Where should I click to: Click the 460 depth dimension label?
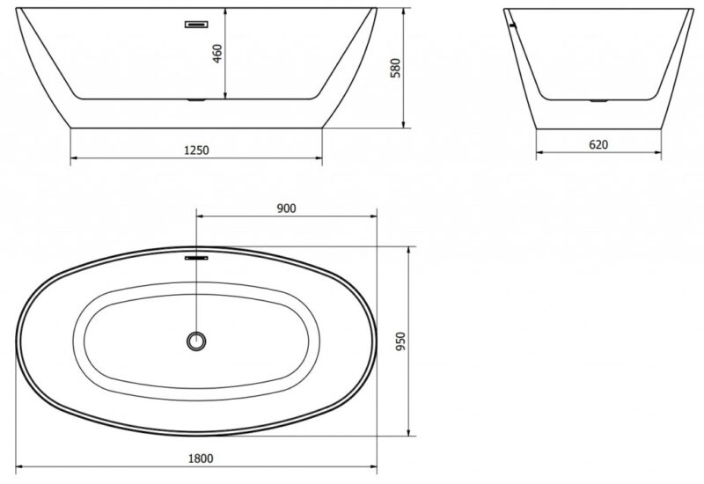pos(217,54)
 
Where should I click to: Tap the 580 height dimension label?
pos(395,68)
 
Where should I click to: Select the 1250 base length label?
pos(196,150)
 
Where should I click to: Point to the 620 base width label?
pos(598,144)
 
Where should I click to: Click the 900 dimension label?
pos(287,209)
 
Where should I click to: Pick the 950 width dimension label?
pos(400,341)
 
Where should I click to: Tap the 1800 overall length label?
pos(201,458)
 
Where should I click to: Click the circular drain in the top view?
pos(196,341)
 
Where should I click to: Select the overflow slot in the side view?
pos(196,25)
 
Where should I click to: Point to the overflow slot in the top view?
pos(196,258)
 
